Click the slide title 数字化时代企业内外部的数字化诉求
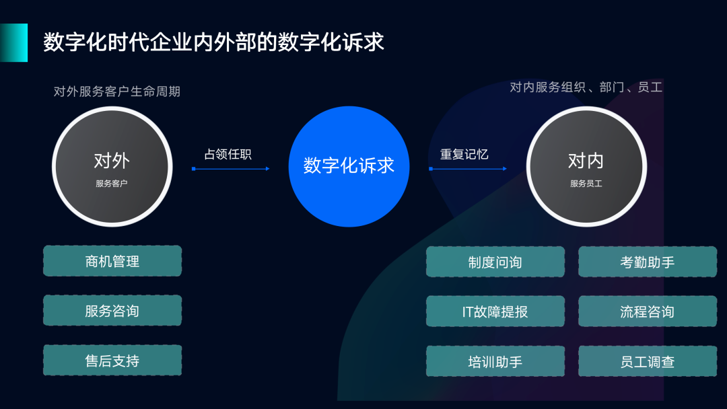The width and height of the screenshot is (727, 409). point(214,42)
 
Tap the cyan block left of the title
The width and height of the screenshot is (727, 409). point(14,42)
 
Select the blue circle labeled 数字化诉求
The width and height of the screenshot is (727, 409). point(349,166)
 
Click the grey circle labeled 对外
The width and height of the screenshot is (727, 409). point(112,166)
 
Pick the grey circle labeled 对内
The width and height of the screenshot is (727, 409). point(586,166)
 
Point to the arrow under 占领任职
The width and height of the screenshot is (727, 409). point(231,169)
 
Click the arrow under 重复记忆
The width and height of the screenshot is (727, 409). point(468,169)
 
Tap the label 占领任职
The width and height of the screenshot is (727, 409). point(228,154)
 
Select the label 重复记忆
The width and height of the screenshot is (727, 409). point(464,154)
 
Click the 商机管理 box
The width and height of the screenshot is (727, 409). point(112,261)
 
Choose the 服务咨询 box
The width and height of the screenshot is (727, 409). point(112,310)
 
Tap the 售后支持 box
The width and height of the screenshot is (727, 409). point(112,360)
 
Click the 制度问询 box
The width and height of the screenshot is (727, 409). point(495,262)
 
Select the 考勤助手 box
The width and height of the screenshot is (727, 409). point(648,262)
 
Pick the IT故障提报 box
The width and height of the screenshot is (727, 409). point(495,311)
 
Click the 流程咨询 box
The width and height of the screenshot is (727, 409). point(648,311)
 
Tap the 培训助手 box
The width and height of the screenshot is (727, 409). point(495,361)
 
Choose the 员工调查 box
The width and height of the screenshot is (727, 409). point(648,361)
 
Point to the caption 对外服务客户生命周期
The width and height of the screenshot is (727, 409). point(117,91)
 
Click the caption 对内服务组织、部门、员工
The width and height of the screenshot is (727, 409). point(586,87)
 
